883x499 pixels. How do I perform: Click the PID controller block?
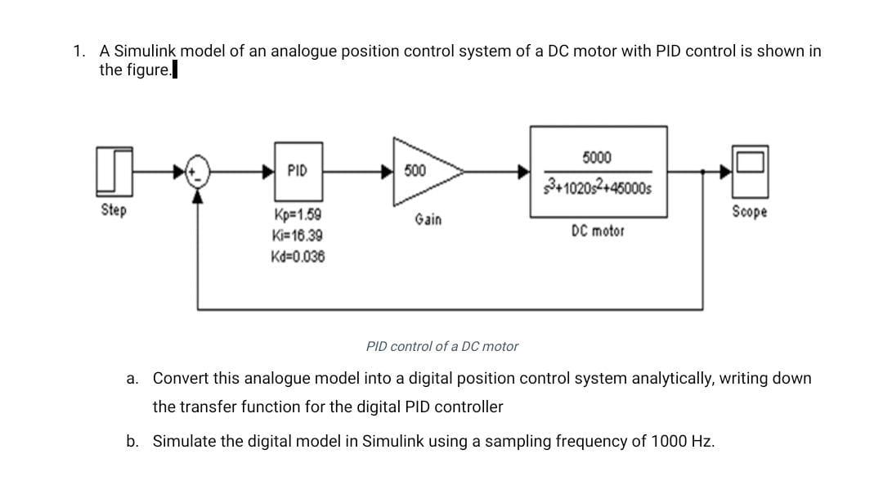pos(298,172)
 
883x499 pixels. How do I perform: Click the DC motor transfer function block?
pos(598,172)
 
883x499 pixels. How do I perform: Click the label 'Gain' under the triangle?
pos(428,219)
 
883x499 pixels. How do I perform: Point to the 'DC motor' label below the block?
pos(598,232)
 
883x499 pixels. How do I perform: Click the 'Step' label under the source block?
pos(114,210)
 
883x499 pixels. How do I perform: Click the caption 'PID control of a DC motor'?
pos(442,346)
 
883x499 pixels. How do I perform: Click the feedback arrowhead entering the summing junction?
pos(197,195)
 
